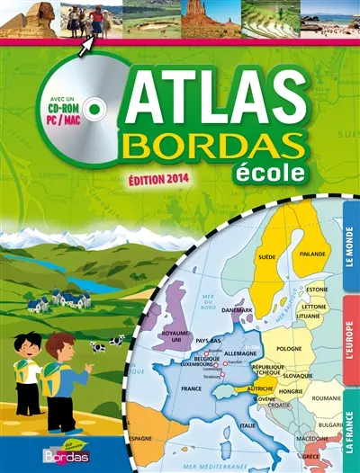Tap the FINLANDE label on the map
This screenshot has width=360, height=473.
pyautogui.click(x=311, y=254)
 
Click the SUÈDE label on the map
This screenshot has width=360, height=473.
pyautogui.click(x=266, y=256)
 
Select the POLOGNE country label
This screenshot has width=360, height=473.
pyautogui.click(x=289, y=348)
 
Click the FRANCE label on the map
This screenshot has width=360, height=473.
pyautogui.click(x=192, y=390)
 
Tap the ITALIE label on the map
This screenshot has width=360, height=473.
pyautogui.click(x=247, y=425)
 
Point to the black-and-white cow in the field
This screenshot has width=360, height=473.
pyautogui.click(x=116, y=342)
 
